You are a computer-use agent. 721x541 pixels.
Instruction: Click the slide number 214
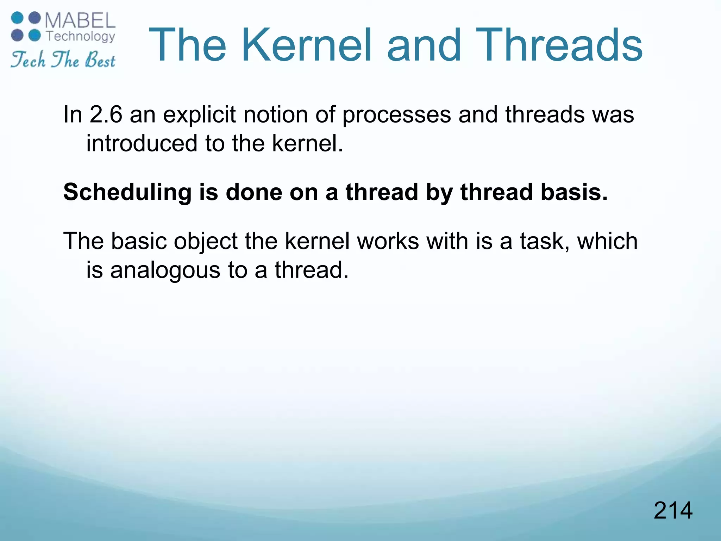pyautogui.click(x=673, y=511)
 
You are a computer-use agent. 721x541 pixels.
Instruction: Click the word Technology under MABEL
pyautogui.click(x=81, y=36)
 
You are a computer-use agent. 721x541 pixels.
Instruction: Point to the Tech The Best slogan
pyautogui.click(x=63, y=60)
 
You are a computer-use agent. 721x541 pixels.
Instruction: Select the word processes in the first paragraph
pyautogui.click(x=396, y=115)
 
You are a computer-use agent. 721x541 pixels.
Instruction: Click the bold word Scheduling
pyautogui.click(x=127, y=193)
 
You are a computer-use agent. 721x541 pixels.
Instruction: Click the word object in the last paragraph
pyautogui.click(x=206, y=242)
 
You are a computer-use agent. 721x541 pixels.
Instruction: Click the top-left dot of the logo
pyautogui.click(x=17, y=18)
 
